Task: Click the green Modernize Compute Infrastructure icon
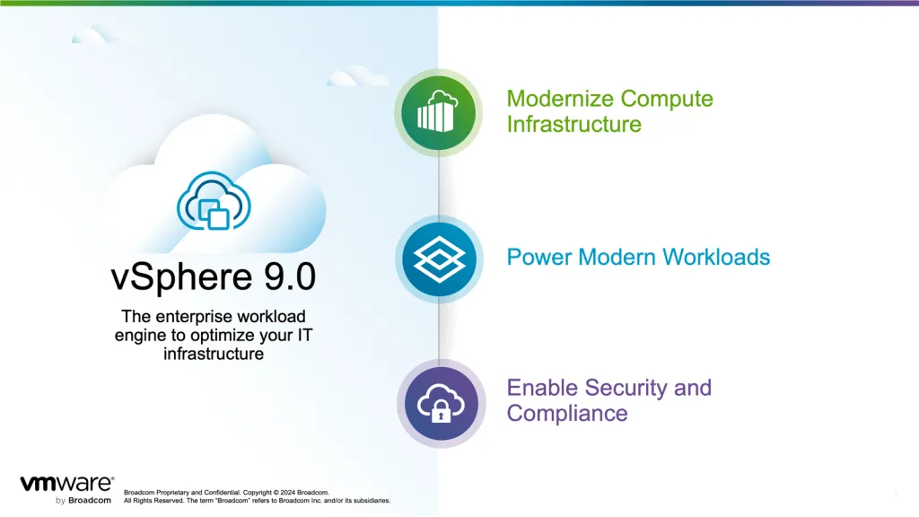click(x=438, y=113)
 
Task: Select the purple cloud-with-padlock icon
click(x=438, y=403)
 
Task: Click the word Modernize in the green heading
click(x=560, y=99)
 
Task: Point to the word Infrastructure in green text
click(x=573, y=124)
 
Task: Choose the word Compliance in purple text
click(x=566, y=413)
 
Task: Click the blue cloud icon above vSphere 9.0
click(x=214, y=201)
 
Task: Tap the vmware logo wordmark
click(x=66, y=484)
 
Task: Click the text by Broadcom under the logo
click(x=83, y=500)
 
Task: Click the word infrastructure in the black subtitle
click(x=214, y=354)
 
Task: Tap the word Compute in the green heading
click(x=667, y=99)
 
